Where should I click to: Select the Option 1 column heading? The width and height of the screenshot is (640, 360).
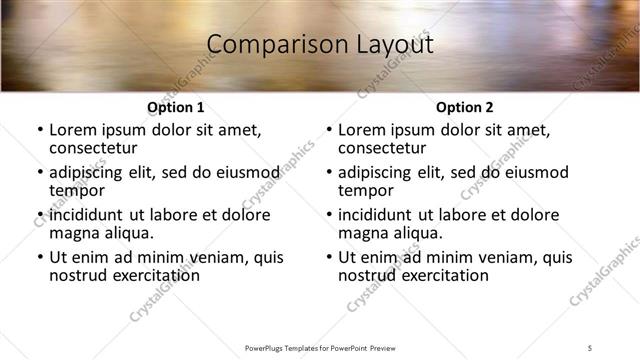click(x=176, y=107)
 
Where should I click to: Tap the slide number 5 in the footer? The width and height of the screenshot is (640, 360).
click(x=590, y=347)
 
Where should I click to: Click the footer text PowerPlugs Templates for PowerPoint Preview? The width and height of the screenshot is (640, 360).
click(x=320, y=347)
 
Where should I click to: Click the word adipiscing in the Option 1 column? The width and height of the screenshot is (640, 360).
click(x=88, y=172)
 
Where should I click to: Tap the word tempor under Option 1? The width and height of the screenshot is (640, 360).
click(x=75, y=190)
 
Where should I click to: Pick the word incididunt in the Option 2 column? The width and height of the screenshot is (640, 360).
click(x=378, y=215)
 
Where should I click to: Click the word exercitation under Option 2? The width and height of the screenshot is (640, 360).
click(x=441, y=275)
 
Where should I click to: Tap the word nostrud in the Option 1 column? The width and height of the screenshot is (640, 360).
click(x=77, y=275)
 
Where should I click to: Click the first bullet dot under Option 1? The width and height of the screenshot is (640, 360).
click(x=39, y=130)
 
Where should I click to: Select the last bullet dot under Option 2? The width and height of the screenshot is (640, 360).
click(x=328, y=257)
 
